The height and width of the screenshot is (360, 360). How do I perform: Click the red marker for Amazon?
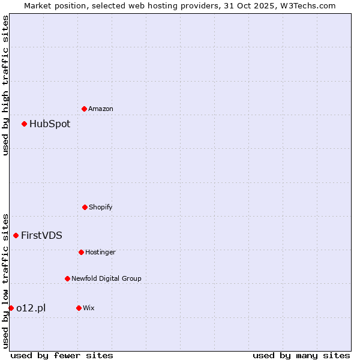(x=84, y=109)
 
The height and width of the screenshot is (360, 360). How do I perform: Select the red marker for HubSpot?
(x=24, y=124)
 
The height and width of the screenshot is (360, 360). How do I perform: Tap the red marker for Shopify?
(x=85, y=207)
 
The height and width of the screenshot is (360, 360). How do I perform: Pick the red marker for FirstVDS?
(x=16, y=235)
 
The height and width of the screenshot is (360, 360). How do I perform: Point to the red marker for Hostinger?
(x=81, y=252)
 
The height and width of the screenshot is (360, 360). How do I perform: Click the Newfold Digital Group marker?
(x=67, y=278)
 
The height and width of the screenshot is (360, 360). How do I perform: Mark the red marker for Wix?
(x=79, y=308)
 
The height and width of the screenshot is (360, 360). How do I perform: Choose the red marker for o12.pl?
(x=11, y=308)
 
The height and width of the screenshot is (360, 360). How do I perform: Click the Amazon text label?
(x=101, y=109)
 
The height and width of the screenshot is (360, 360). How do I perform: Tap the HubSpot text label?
(x=50, y=124)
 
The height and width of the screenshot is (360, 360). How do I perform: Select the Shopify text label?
(x=101, y=207)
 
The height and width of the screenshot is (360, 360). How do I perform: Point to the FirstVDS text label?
(x=41, y=235)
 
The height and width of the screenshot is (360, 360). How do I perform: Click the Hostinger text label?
(x=100, y=252)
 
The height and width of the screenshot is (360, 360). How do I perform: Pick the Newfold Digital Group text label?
(x=106, y=278)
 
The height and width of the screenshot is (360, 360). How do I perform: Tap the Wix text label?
(x=89, y=308)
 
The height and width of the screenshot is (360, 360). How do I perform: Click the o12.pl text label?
(x=31, y=308)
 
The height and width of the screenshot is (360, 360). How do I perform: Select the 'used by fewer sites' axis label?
(x=62, y=355)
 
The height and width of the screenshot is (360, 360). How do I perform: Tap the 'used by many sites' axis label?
(x=301, y=355)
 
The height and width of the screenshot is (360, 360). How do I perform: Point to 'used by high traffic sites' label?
(x=5, y=85)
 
